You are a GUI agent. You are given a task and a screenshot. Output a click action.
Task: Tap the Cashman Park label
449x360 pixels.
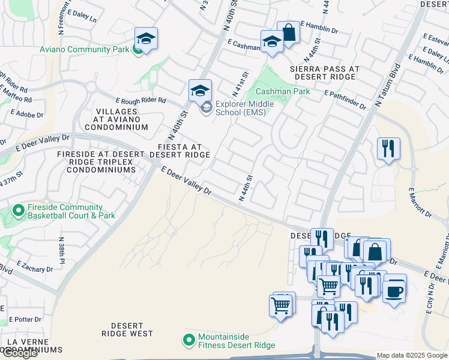point(283,91)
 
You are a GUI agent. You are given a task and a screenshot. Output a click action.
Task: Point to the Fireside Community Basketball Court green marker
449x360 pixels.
point(18,211)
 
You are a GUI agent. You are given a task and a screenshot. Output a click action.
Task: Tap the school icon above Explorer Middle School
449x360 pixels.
point(200,91)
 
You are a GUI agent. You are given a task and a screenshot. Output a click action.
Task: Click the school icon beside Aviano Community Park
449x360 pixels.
point(146,38)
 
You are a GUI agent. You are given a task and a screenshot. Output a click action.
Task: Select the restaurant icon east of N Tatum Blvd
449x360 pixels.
point(388,148)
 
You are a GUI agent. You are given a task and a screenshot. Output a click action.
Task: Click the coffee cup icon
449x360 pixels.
point(394,291)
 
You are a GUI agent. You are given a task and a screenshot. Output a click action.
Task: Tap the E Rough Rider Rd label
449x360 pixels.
point(140,101)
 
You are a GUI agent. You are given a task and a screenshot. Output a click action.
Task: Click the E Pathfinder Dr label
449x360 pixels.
point(345,100)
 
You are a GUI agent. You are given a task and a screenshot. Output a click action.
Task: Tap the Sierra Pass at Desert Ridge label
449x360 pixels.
point(325,73)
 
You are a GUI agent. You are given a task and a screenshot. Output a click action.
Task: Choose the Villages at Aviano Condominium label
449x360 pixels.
point(116,119)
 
